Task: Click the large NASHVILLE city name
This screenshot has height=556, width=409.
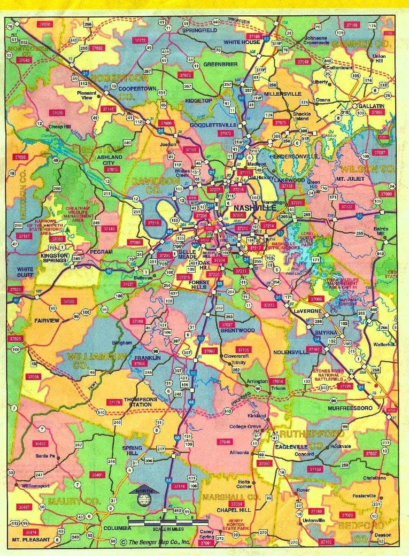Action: click(x=254, y=208)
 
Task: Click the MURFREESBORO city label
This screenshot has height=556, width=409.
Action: click(x=350, y=408)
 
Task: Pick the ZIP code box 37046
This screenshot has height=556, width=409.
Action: click(x=225, y=442)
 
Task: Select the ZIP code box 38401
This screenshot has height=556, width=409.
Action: click(x=97, y=475)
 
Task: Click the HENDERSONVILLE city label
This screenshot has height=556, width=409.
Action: click(x=293, y=157)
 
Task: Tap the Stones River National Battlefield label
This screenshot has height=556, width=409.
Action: click(x=327, y=375)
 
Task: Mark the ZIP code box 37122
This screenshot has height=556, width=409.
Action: click(x=347, y=207)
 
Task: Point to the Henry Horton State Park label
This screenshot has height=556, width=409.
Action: click(x=238, y=524)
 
